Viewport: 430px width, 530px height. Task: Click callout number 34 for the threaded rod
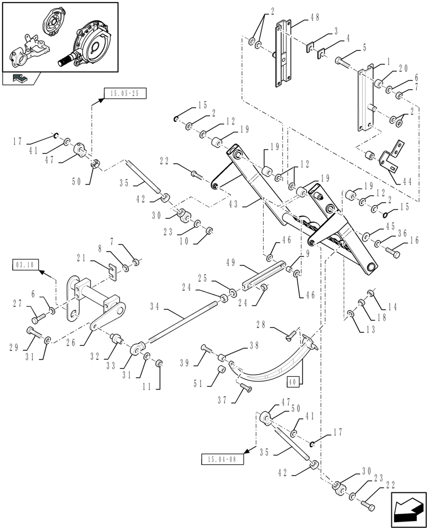point(155,306)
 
